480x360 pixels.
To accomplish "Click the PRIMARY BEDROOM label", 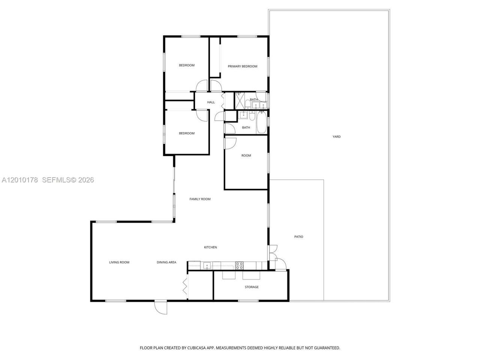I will (243, 66).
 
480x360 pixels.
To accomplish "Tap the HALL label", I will (211, 102).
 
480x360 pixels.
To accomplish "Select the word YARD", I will (336, 136).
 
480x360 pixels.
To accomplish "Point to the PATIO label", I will (298, 237).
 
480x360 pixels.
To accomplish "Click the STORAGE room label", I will (252, 287).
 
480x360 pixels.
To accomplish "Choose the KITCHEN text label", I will (210, 247).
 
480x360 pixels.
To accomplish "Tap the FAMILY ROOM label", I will (200, 199).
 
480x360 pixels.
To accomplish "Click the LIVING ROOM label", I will (119, 262).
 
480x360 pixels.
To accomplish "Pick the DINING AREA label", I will (166, 262).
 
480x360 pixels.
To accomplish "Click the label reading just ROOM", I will (246, 155).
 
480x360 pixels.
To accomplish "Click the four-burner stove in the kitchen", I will (239, 265).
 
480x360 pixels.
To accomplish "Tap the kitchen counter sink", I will (206, 265).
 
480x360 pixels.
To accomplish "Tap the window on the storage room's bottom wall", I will (248, 301).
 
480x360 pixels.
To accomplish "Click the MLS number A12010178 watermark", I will (20, 180).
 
